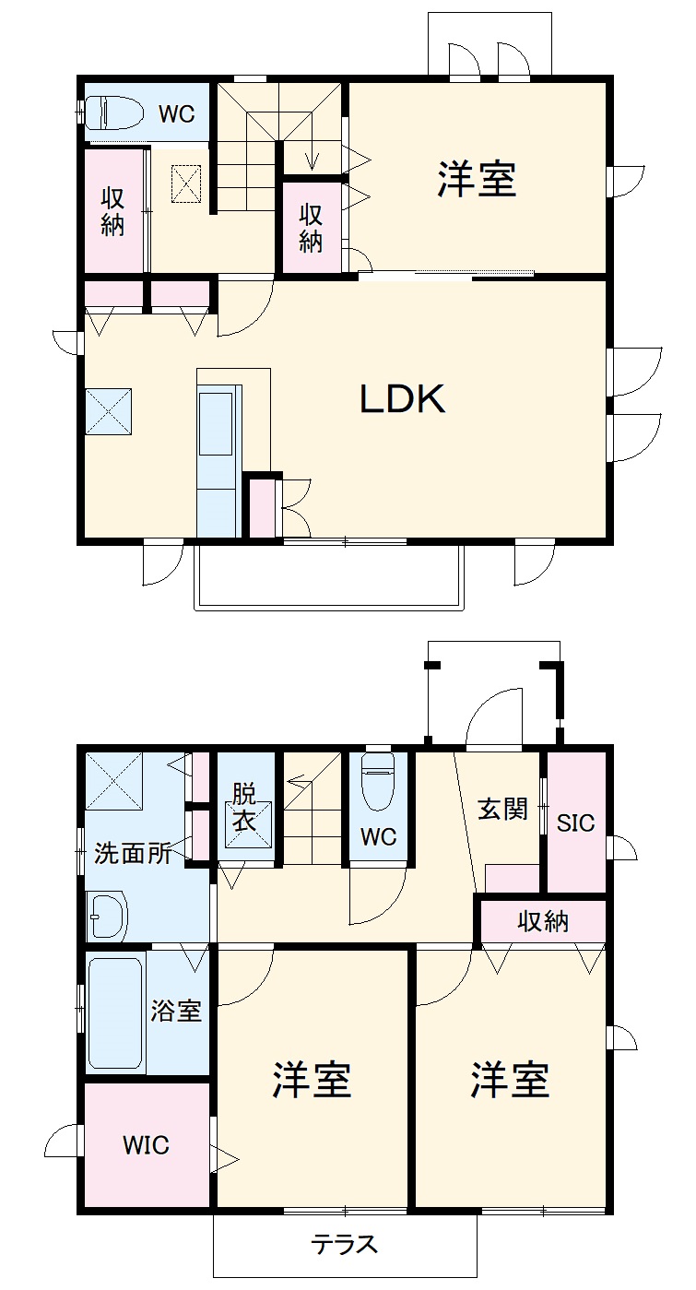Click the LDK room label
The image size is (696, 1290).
(x=402, y=398)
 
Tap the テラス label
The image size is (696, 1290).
(x=344, y=1244)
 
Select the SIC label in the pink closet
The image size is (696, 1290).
(x=576, y=823)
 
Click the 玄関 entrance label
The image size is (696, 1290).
(x=502, y=810)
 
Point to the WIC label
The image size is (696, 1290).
(x=147, y=1145)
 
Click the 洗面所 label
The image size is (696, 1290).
(x=133, y=854)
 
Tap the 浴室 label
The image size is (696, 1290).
(x=176, y=1011)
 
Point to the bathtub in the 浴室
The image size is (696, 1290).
(x=115, y=1013)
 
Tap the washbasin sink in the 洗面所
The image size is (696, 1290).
(x=106, y=915)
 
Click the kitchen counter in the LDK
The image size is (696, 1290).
(x=218, y=461)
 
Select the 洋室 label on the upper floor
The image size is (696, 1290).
(x=477, y=179)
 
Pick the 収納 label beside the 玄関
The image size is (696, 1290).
(x=543, y=920)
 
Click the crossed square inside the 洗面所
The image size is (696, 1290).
(x=114, y=781)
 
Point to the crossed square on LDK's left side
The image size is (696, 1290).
(x=108, y=410)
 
